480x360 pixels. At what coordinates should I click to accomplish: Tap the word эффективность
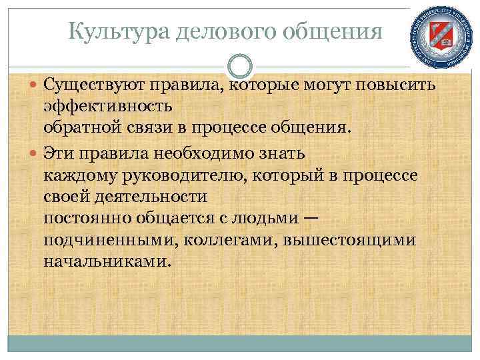[x=108, y=106]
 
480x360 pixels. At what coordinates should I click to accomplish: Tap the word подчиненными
[x=100, y=239]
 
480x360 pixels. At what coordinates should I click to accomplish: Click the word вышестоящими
[x=349, y=239]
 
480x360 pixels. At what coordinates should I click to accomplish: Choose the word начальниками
[x=107, y=261]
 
